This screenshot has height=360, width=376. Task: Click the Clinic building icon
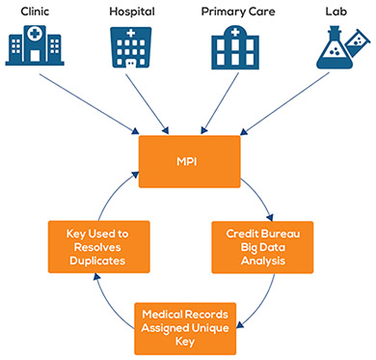tap(35, 45)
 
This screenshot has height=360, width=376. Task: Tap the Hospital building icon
tap(131, 47)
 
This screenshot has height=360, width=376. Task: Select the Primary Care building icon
tap(235, 48)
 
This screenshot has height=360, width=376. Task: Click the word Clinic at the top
tap(35, 12)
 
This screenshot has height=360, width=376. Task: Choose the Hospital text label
tap(132, 12)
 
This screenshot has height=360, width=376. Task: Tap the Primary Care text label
tap(238, 12)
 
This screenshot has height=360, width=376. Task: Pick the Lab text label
tap(336, 12)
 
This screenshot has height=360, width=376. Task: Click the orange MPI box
tap(190, 161)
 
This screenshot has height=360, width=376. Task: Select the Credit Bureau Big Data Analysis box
tap(262, 247)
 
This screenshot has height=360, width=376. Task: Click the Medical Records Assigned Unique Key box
tap(185, 328)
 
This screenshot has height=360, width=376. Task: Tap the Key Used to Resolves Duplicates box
tap(99, 247)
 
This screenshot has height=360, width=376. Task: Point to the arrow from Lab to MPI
tap(285, 103)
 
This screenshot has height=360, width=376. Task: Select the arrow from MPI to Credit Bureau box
tap(261, 197)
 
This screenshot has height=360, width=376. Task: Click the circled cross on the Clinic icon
tap(35, 34)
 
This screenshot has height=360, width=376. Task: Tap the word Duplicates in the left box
tap(97, 261)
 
